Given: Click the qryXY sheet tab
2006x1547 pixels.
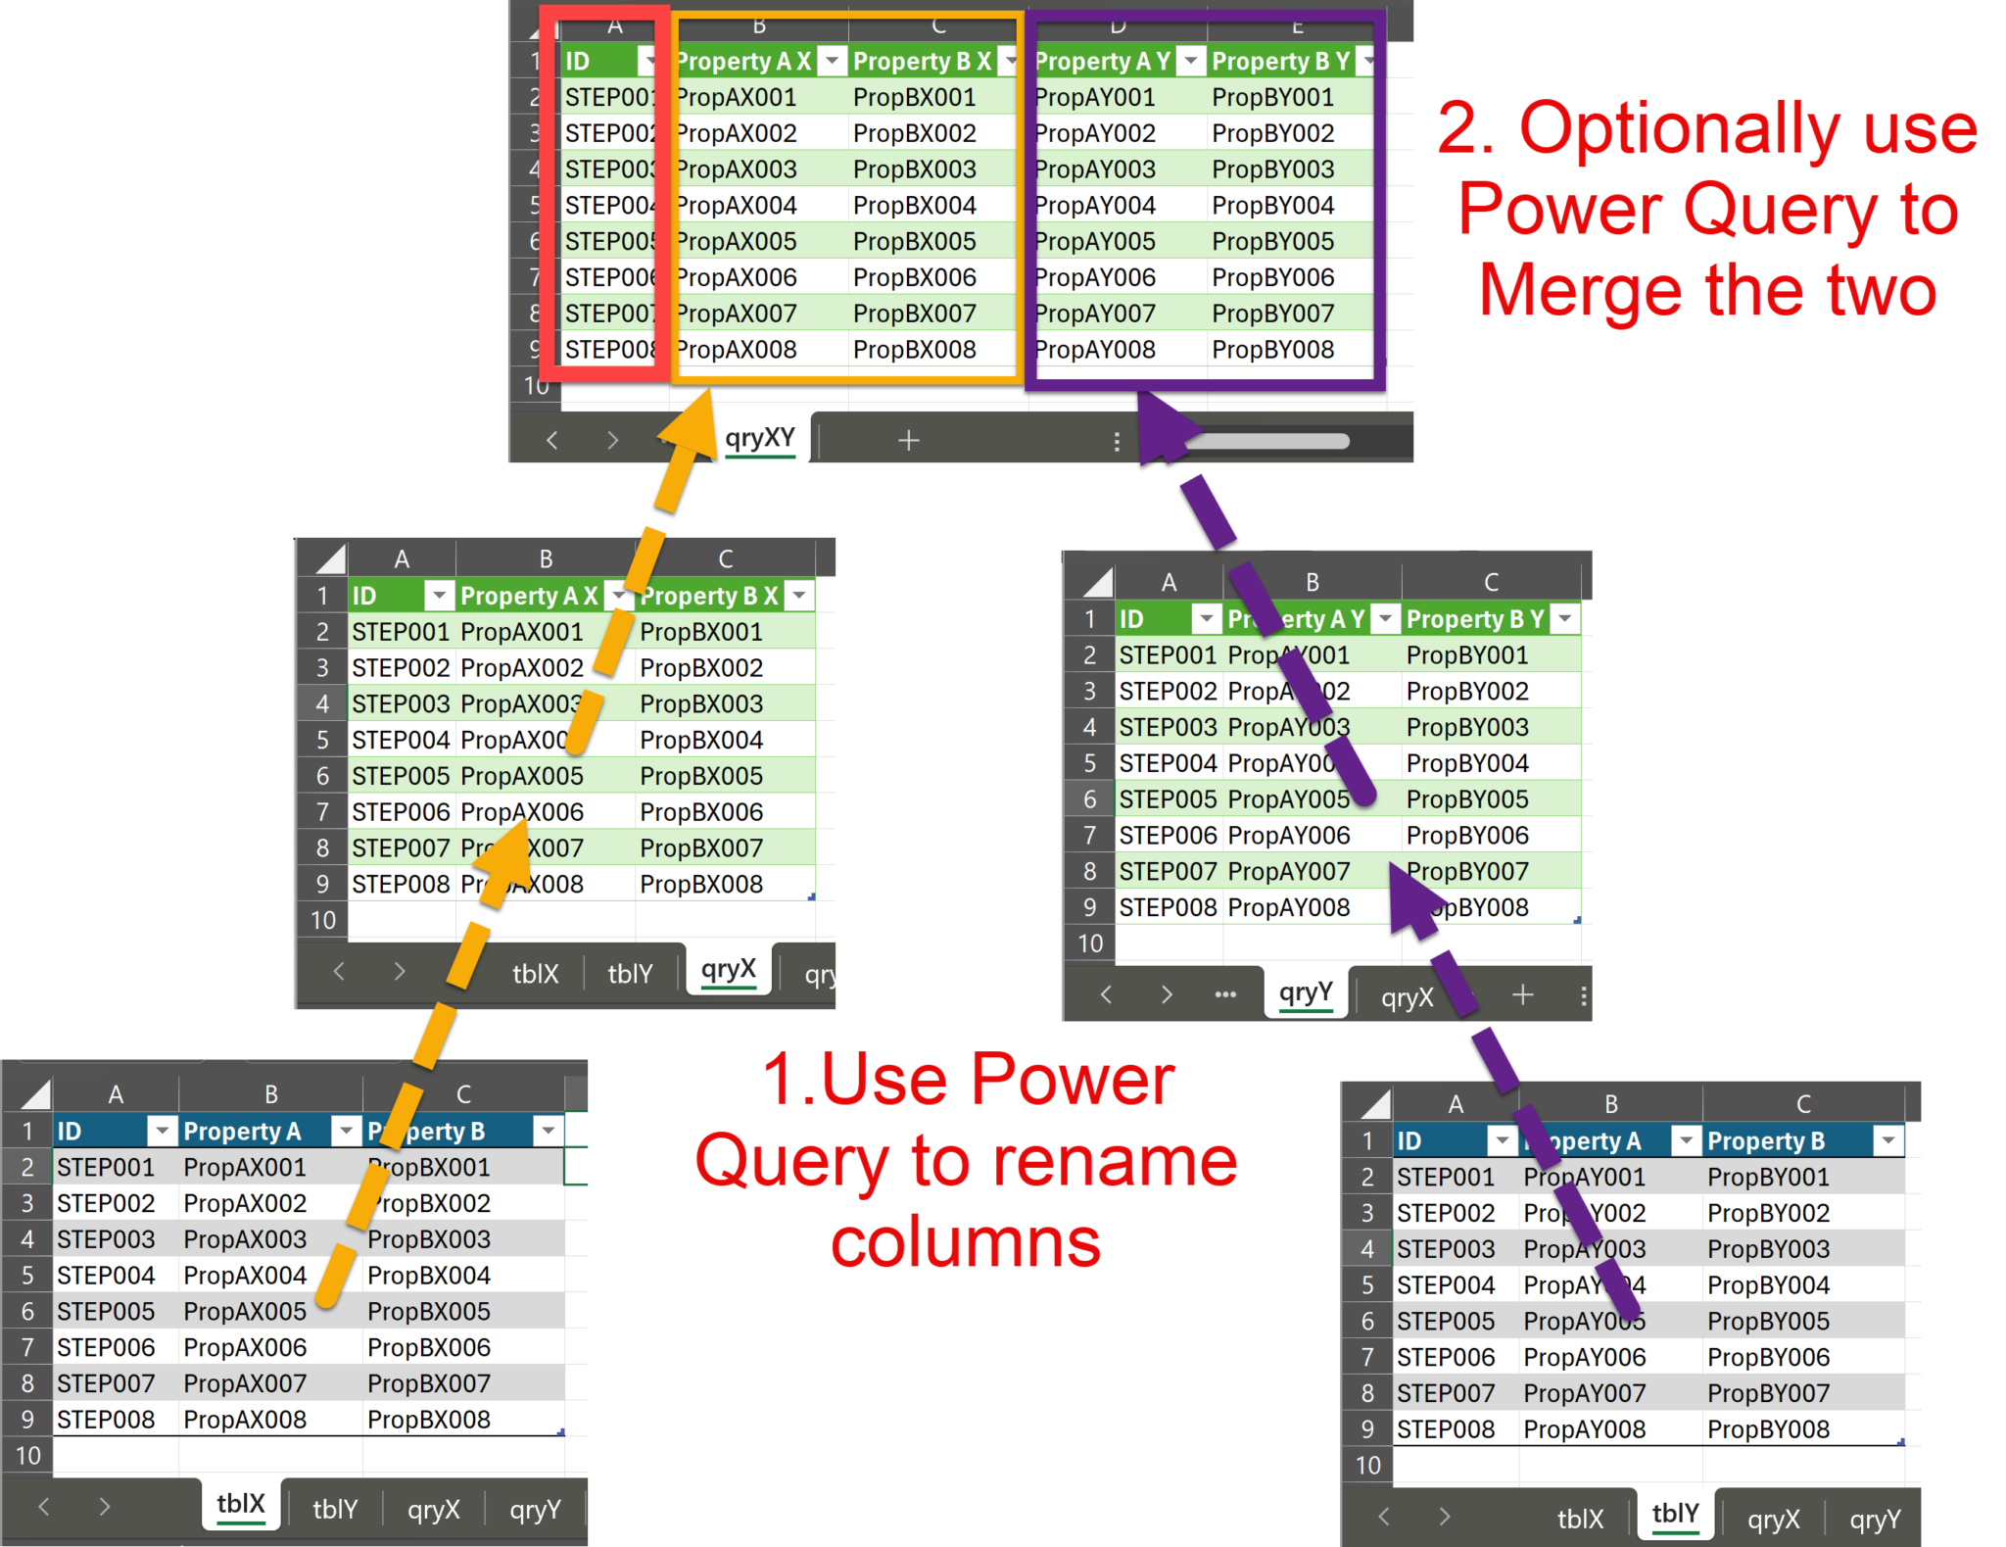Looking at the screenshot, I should point(759,438).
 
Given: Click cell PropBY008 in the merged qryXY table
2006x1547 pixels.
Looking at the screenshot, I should point(1272,350).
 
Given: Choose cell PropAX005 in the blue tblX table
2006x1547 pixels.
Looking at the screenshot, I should point(245,1311).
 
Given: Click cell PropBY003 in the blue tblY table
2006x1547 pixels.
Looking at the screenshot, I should point(1768,1249).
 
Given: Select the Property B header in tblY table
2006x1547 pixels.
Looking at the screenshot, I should point(1765,1141).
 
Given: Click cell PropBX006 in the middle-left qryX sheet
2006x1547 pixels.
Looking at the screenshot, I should point(701,812).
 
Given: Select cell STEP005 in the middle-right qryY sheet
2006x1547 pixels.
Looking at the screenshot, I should point(1168,799).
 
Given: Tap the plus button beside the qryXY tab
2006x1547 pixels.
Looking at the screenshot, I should point(908,440).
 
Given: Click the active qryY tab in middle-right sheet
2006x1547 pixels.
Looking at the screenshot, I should point(1305,993).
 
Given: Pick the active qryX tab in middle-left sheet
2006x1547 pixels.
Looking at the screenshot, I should point(728,970).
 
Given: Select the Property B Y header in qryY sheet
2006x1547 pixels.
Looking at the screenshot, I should point(1474,619).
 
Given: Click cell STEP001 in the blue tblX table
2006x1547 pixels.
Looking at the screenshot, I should point(106,1168).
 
